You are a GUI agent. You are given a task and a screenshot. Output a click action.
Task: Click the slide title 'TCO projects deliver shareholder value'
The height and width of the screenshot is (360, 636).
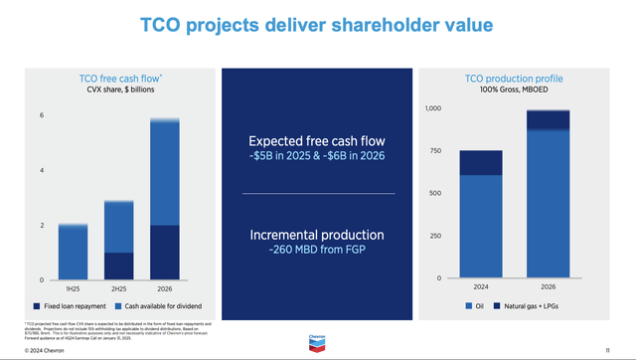coord(318,26)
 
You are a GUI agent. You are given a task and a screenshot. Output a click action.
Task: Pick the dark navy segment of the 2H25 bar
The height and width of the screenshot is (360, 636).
coord(119,266)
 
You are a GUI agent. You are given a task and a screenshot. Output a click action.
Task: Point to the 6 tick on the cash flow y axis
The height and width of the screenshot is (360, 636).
coord(41,115)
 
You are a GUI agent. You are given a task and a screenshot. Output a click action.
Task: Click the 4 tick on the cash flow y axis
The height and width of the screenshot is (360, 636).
coord(41,170)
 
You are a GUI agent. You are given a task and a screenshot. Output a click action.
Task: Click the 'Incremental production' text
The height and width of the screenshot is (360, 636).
coord(319,235)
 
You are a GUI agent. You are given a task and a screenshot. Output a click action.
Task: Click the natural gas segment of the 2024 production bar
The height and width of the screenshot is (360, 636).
coord(480,163)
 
